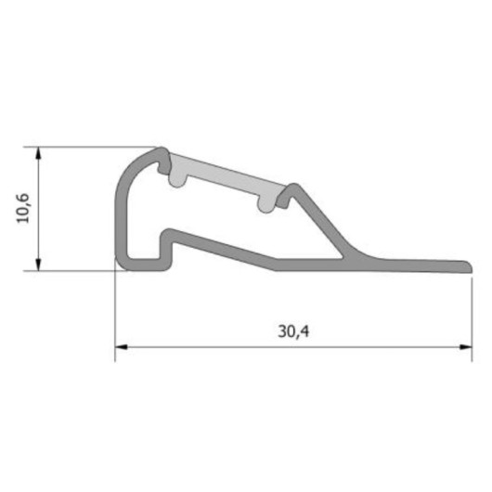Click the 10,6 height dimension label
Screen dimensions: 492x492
pos(23,208)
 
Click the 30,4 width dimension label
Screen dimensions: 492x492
pos(293,331)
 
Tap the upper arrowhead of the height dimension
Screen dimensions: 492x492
pos(38,153)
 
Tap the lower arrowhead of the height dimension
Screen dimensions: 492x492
pos(38,264)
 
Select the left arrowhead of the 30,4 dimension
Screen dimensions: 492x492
pos(122,347)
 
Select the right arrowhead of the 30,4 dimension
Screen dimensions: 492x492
pos(466,347)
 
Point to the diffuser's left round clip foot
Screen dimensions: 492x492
pos(177,180)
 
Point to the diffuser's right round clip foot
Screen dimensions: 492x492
pos(266,205)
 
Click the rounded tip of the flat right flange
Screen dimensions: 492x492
pos(469,266)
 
